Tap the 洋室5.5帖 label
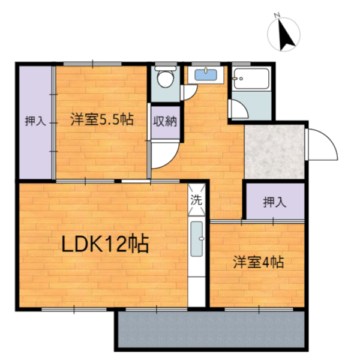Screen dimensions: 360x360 pos(101,119)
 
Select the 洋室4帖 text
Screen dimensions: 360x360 pos(259,262)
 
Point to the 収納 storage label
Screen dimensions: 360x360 pos(164,121)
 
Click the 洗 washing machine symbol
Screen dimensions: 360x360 pos(197,201)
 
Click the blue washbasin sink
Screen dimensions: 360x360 pos(207,74)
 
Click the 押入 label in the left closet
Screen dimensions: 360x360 pos(34,121)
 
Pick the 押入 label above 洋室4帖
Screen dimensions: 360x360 pos(274,202)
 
